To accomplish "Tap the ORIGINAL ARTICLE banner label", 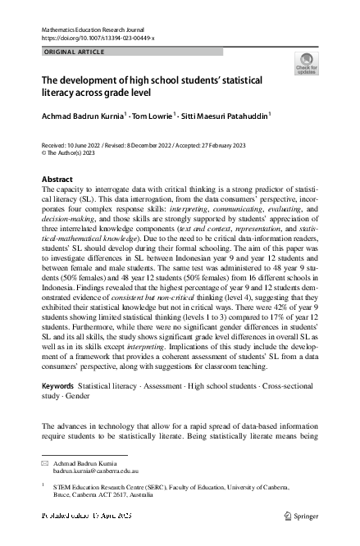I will click(73, 52).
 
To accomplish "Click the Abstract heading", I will click(57, 179).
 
